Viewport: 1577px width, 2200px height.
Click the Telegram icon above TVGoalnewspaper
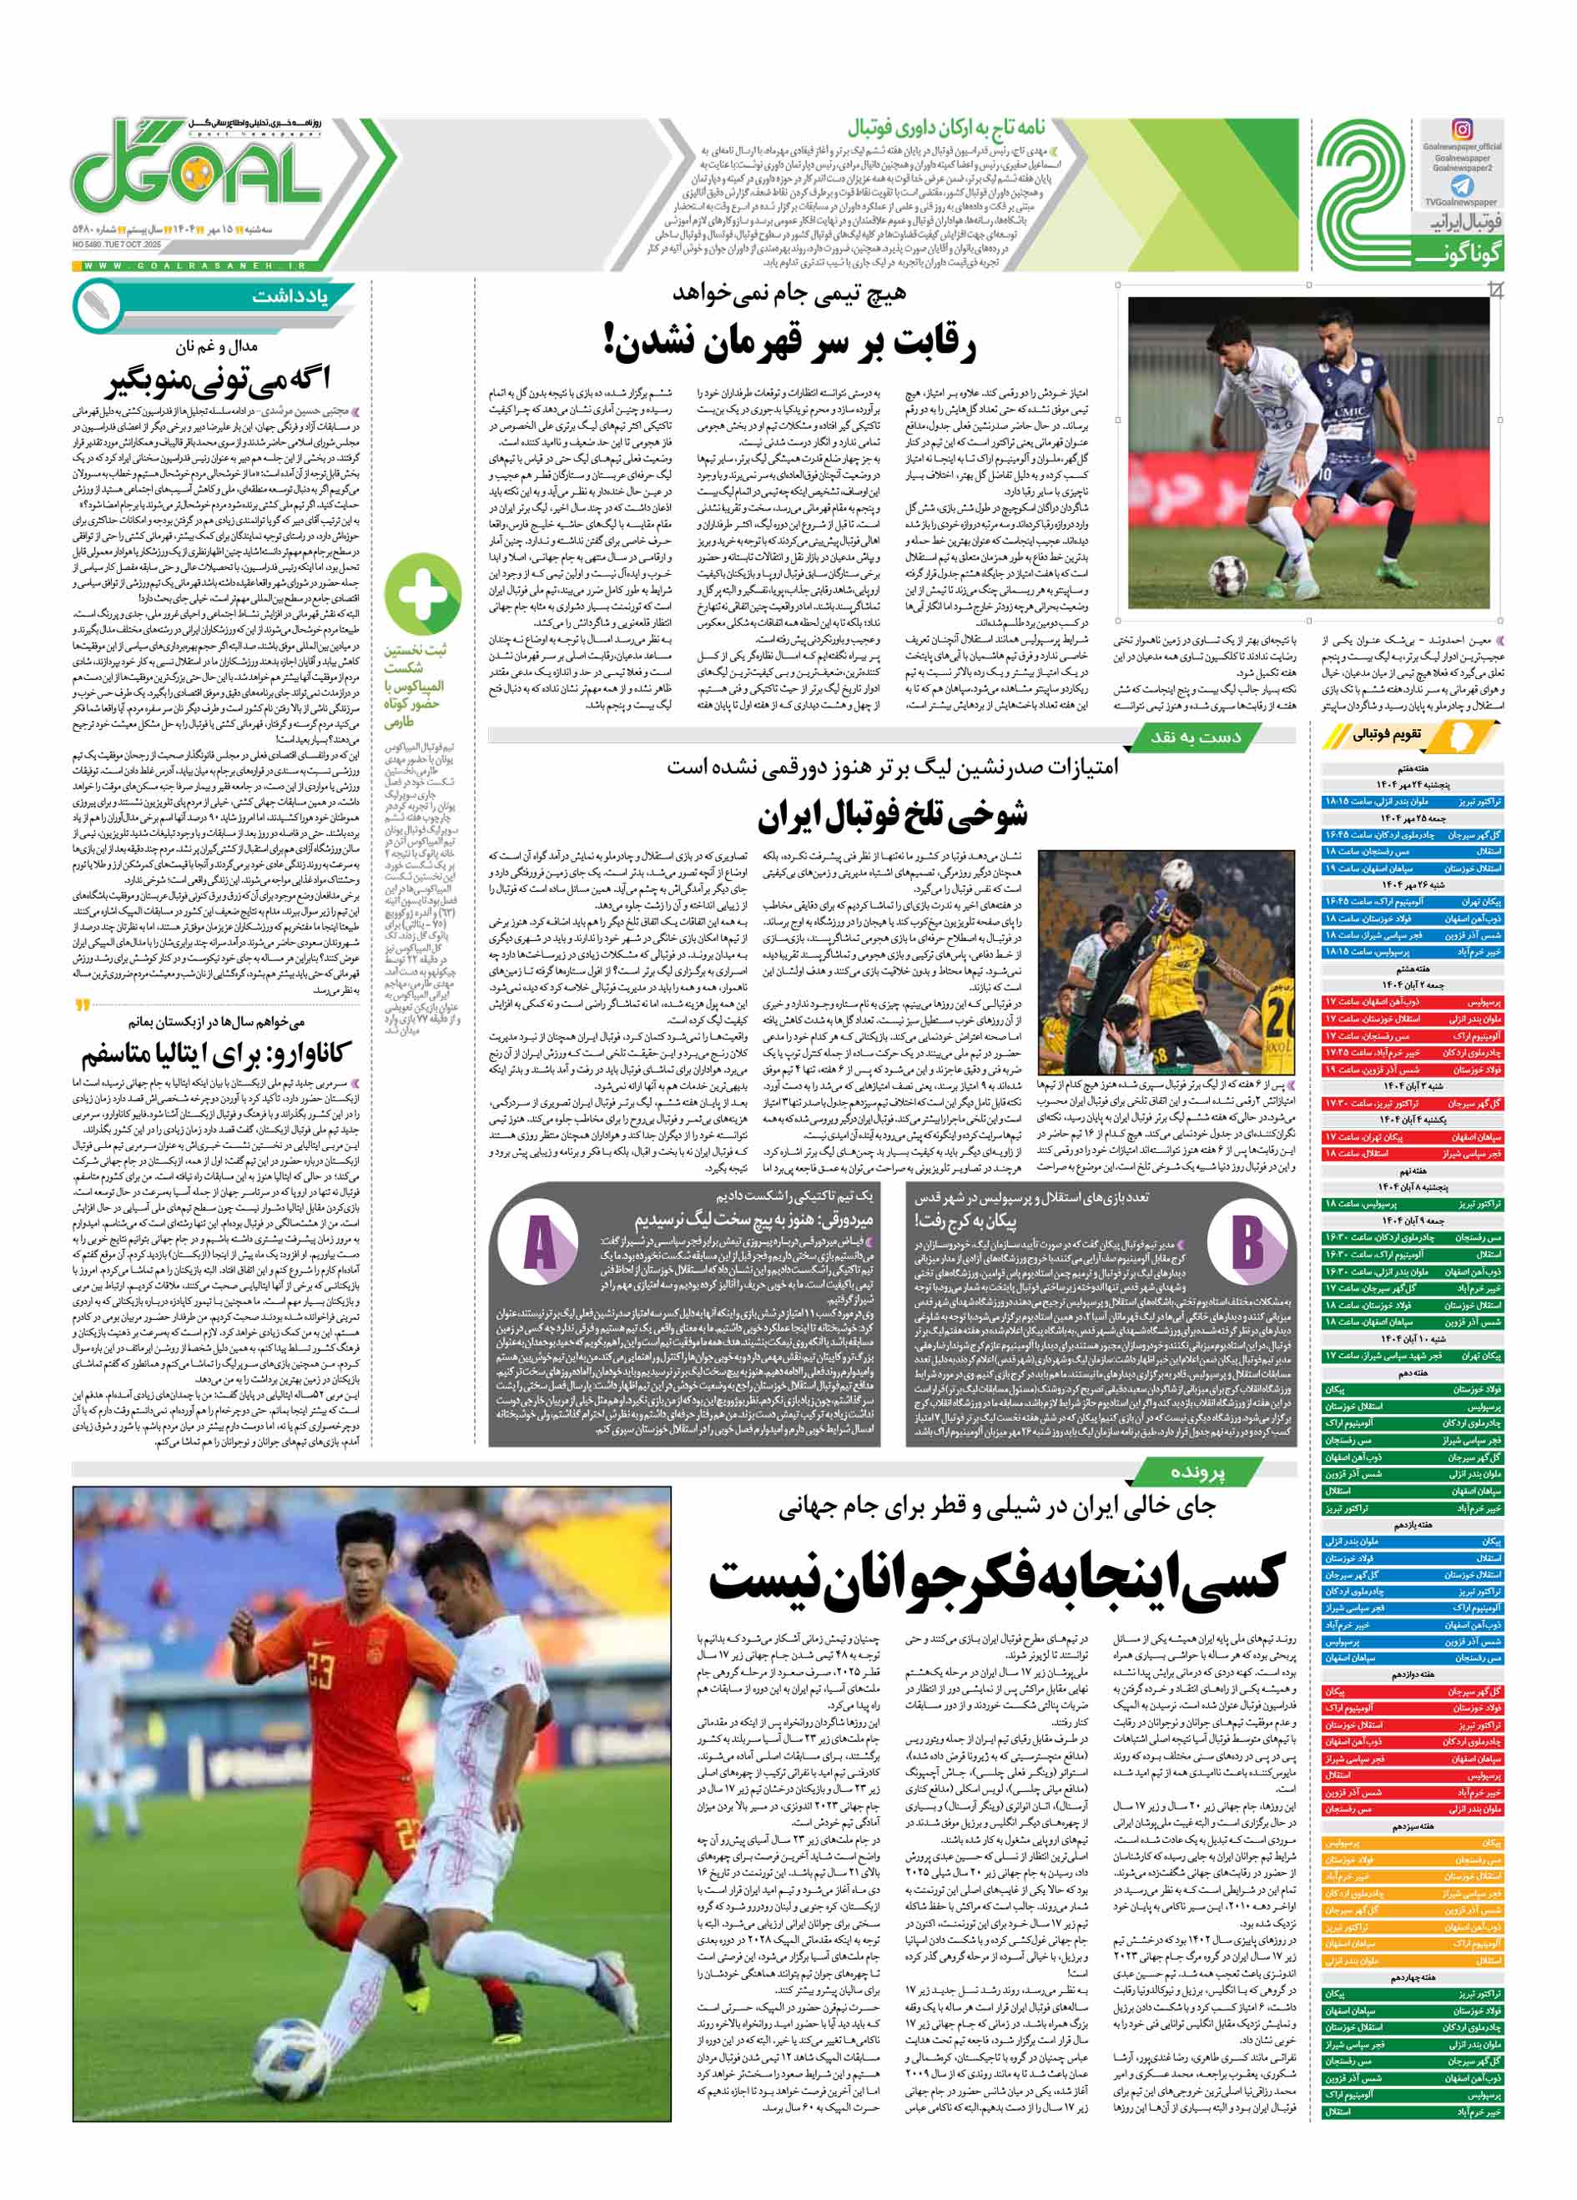[1462, 187]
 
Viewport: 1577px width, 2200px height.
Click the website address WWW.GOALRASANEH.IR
[194, 264]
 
